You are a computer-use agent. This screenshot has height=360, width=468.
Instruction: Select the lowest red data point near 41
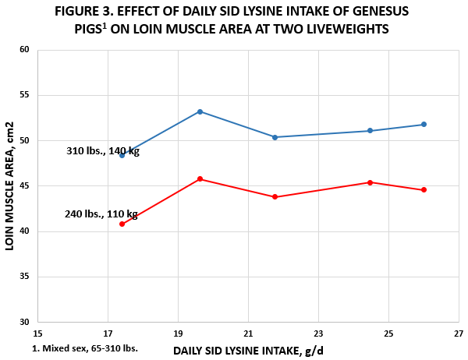point(122,224)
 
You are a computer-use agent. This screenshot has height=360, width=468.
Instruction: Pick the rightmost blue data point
point(424,125)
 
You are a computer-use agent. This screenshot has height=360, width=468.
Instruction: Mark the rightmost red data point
point(424,190)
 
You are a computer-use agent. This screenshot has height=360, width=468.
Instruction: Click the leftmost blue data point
point(122,155)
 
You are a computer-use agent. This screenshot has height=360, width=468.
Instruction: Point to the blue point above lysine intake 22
point(275,137)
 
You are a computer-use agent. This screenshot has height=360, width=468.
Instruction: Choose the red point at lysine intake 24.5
point(370,182)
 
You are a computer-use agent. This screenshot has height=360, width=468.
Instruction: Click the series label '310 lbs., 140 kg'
point(103,151)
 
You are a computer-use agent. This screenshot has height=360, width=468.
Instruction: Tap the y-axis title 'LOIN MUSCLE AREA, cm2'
point(10,185)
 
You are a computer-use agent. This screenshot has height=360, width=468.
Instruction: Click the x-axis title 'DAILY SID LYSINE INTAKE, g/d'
point(248,350)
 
